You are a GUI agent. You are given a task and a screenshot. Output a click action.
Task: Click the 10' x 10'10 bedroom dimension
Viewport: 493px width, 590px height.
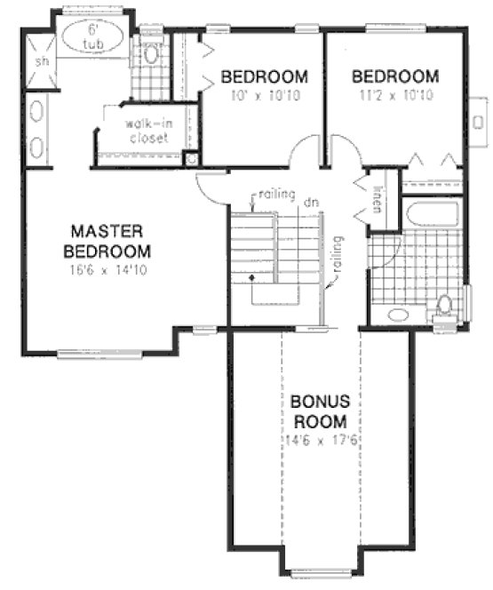pyautogui.click(x=264, y=94)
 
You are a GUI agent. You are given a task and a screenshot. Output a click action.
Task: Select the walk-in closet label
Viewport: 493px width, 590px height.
pyautogui.click(x=147, y=132)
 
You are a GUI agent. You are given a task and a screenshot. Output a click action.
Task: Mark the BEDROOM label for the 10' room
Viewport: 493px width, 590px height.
pyautogui.click(x=264, y=76)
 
